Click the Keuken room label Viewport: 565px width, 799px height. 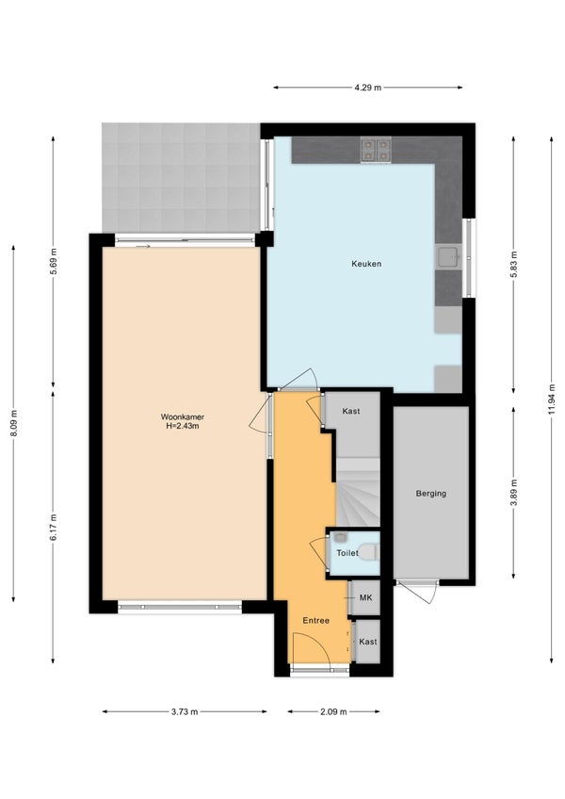click(366, 264)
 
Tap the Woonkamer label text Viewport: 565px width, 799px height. click(183, 416)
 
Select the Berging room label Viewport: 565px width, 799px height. click(431, 494)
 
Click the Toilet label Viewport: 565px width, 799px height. click(347, 553)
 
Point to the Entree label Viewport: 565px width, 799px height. click(315, 621)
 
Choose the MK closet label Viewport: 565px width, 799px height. click(365, 597)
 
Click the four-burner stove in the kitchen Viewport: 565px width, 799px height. click(376, 151)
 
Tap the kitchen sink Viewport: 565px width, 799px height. click(448, 257)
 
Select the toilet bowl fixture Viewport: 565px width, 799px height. click(368, 552)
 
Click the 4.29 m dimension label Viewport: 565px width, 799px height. click(368, 87)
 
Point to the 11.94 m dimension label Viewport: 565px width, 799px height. click(552, 399)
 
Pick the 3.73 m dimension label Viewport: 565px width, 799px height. click(185, 712)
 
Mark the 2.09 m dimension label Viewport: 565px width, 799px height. click(333, 712)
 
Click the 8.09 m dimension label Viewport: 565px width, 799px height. click(14, 423)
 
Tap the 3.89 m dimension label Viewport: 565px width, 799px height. click(513, 493)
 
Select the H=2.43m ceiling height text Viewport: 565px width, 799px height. click(183, 426)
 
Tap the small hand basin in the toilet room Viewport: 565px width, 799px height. click(340, 537)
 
